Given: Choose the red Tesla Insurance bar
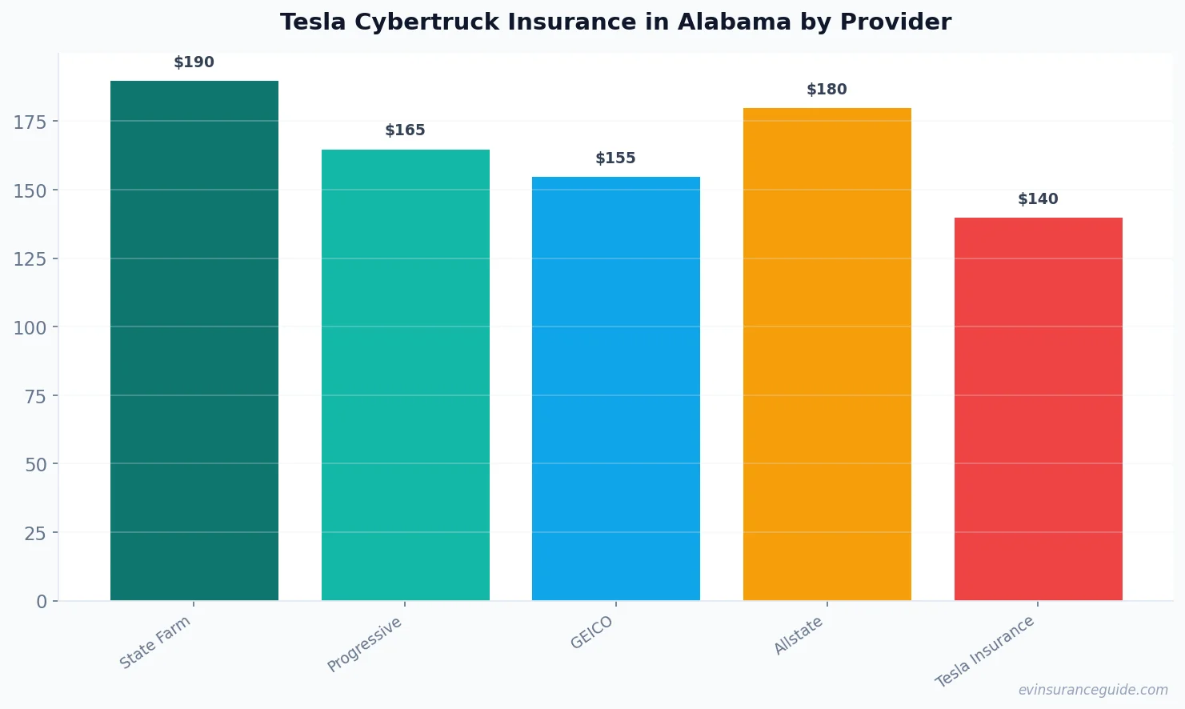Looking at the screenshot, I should [x=1038, y=408].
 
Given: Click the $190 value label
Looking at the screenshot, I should [x=194, y=62].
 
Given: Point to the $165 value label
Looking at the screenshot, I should [x=405, y=130].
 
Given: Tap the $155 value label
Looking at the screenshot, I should [x=615, y=158].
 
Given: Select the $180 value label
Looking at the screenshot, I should [x=827, y=90].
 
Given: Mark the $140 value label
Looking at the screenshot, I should [x=1038, y=199].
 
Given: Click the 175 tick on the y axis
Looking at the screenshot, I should [x=30, y=122].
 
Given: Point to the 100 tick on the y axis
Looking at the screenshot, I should [x=30, y=327].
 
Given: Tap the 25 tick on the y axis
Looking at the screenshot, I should [x=35, y=533].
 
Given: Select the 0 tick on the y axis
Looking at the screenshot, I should [x=42, y=602].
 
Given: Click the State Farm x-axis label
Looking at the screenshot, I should [x=155, y=643].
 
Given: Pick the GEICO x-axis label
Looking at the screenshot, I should [x=592, y=633].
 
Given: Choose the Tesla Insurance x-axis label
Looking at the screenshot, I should [x=985, y=651].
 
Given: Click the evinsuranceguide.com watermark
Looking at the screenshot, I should [x=1093, y=690].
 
